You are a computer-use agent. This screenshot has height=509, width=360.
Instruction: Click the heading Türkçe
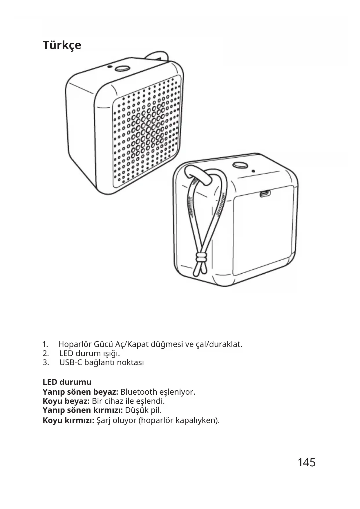coord(62,45)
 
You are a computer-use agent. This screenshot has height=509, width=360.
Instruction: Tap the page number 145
coord(306,463)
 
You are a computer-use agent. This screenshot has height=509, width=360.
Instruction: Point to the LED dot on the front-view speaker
coord(109,66)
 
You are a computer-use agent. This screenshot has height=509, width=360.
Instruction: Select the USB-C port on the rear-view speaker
coord(265,193)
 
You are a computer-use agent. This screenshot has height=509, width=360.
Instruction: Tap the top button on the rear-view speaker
coord(240,165)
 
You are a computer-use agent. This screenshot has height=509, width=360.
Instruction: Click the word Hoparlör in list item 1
coord(75,344)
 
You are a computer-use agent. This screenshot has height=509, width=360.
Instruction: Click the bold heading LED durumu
coord(67,382)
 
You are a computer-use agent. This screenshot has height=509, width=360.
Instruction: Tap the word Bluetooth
coord(139,392)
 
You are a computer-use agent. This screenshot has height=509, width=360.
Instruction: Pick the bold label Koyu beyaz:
coord(66,401)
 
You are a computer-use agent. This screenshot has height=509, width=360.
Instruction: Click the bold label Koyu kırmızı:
coord(68,420)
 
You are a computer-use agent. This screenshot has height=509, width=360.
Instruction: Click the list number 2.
coord(45,353)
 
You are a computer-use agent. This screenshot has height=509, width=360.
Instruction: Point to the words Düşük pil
coord(143,410)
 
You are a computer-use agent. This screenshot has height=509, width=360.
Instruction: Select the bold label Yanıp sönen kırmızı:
coord(83,410)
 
